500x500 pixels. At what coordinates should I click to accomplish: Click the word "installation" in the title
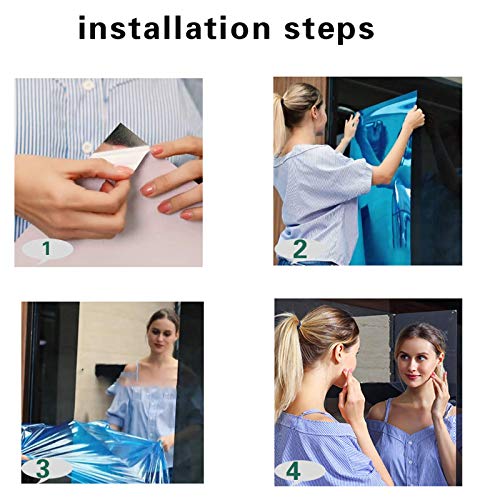coord(174,28)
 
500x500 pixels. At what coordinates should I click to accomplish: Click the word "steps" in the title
coord(329,31)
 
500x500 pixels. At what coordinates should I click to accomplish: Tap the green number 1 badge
coord(47,249)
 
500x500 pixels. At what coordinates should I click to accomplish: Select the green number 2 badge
coord(299,249)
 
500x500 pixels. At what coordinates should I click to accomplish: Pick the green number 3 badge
coord(43,468)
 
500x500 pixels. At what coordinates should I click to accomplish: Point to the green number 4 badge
coord(293,472)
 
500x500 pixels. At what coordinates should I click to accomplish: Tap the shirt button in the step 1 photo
coord(87,147)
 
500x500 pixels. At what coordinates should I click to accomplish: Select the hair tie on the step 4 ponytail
coord(302,322)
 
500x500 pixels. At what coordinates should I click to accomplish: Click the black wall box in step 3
coord(109,372)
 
